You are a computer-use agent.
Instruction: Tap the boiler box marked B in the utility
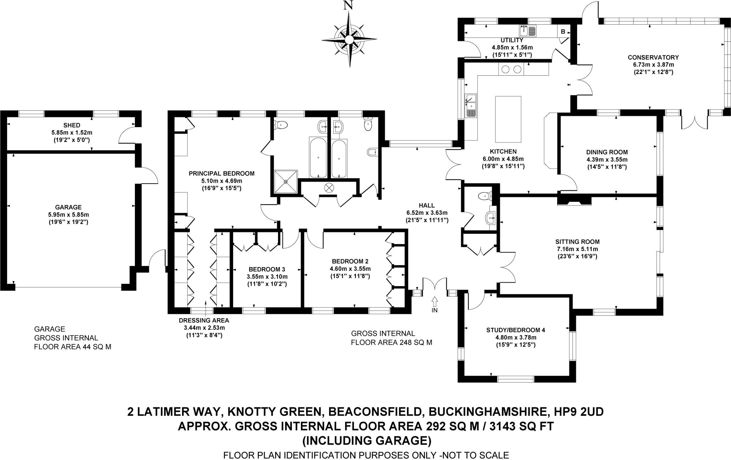pyautogui.click(x=563, y=31)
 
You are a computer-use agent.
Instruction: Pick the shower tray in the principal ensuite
pyautogui.click(x=286, y=181)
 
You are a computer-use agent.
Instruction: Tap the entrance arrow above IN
pyautogui.click(x=434, y=302)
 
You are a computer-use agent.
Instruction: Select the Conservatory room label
pyautogui.click(x=653, y=57)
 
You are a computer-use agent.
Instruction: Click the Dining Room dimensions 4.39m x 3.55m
pyautogui.click(x=607, y=160)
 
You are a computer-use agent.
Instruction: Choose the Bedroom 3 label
pyautogui.click(x=267, y=269)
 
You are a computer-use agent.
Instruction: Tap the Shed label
pyautogui.click(x=72, y=125)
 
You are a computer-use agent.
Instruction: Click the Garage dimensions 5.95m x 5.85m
pyautogui.click(x=69, y=215)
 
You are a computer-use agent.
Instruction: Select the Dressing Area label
pyautogui.click(x=204, y=320)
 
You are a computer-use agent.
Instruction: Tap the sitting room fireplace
pyautogui.click(x=574, y=201)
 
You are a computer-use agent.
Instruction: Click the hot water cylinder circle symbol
pyautogui.click(x=328, y=187)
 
